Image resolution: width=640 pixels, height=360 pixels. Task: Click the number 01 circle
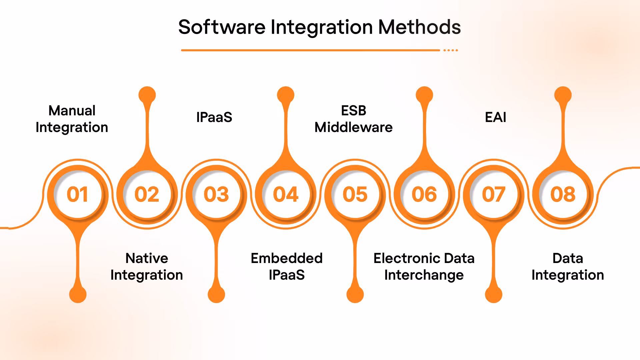pyautogui.click(x=78, y=194)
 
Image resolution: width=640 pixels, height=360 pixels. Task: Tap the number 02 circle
pyautogui.click(x=147, y=194)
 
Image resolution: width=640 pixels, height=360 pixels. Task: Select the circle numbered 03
pyautogui.click(x=216, y=194)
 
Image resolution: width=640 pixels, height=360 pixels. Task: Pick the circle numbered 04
pyautogui.click(x=286, y=194)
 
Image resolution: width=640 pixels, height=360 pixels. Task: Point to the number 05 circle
pyautogui.click(x=355, y=194)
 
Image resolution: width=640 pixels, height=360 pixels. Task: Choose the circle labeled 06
pyautogui.click(x=424, y=194)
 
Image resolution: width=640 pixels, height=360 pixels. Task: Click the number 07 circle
pyautogui.click(x=494, y=194)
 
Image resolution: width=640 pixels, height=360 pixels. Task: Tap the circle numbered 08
pyautogui.click(x=563, y=194)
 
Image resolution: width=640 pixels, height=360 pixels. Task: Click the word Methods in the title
pyautogui.click(x=419, y=27)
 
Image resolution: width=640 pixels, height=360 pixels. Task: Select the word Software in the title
pyautogui.click(x=222, y=27)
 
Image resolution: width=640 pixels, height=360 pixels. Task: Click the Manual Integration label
pyautogui.click(x=72, y=119)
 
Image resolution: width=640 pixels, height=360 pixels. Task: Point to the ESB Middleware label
pyautogui.click(x=354, y=119)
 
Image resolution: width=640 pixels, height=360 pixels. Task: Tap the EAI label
pyautogui.click(x=495, y=117)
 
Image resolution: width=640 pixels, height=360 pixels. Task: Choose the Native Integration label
pyautogui.click(x=147, y=267)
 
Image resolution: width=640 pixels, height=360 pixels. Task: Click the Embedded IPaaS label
pyautogui.click(x=287, y=267)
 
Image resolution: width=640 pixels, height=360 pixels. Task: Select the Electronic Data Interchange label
pyautogui.click(x=424, y=267)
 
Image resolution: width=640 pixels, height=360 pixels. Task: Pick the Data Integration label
pyautogui.click(x=568, y=267)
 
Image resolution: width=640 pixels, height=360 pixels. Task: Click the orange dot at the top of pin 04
pyautogui.click(x=286, y=95)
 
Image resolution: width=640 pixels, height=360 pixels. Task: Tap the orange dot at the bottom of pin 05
pyautogui.click(x=355, y=294)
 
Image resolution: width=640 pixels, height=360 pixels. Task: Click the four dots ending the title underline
pyautogui.click(x=451, y=50)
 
